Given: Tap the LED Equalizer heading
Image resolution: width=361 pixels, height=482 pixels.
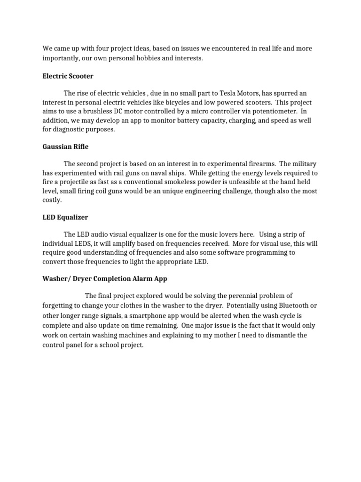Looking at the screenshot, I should click(65, 217).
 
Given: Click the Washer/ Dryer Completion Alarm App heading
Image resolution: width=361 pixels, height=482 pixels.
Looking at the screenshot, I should click(105, 279).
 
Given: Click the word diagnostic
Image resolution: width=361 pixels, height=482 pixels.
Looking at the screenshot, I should click(69, 129).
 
